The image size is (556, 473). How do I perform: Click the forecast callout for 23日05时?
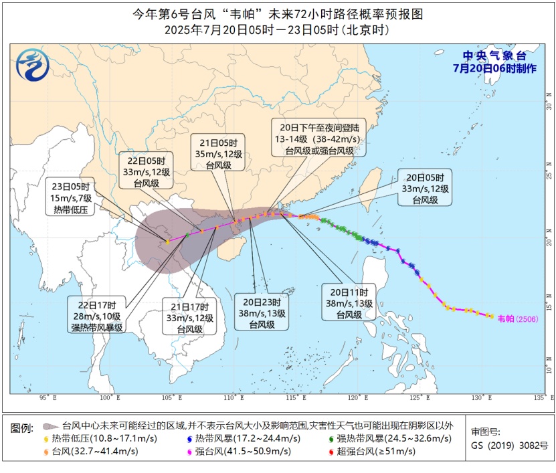coord(72,197)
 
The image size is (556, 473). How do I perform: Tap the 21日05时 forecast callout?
coord(228,153)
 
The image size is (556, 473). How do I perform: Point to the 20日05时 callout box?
coord(425,189)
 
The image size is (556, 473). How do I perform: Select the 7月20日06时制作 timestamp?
coord(494,68)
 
